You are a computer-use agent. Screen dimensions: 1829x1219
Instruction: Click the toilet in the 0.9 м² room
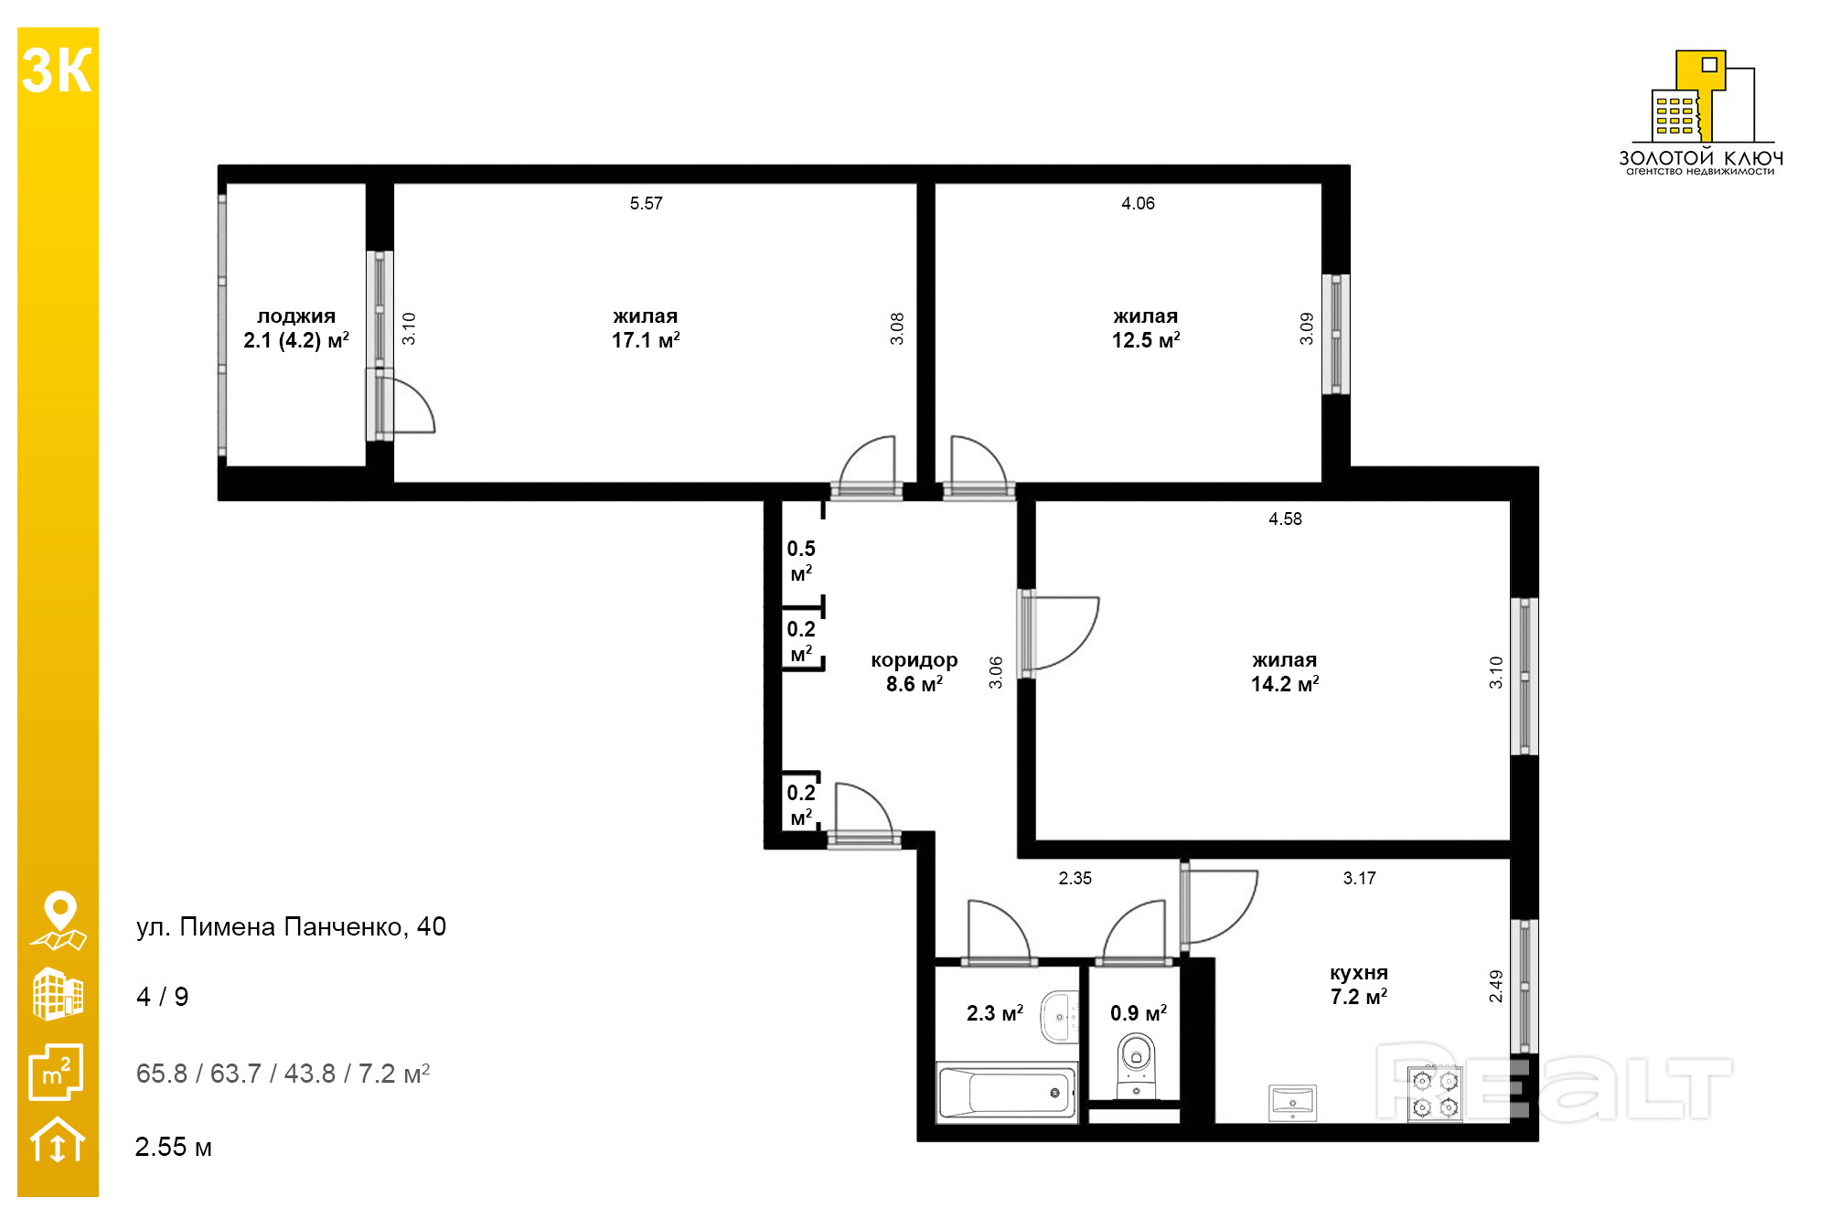(x=1136, y=1065)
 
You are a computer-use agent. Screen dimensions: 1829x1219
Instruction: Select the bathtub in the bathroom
(x=1007, y=1092)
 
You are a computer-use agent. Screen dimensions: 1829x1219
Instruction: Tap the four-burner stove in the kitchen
(x=1435, y=1094)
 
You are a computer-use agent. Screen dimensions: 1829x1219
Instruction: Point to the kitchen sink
(x=1292, y=1102)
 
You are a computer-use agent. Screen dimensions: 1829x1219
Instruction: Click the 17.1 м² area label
(x=646, y=340)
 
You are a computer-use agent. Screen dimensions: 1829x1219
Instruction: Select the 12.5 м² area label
(x=1146, y=340)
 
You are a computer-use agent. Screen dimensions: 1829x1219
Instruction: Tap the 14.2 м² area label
(x=1285, y=684)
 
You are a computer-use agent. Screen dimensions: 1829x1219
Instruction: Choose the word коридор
(x=914, y=660)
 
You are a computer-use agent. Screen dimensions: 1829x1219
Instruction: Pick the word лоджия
(x=296, y=316)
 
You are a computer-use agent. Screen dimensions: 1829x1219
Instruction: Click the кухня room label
(x=1359, y=973)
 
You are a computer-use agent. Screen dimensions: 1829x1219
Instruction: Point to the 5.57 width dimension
(x=647, y=203)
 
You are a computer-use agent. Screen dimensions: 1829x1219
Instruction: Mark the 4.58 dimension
(x=1285, y=519)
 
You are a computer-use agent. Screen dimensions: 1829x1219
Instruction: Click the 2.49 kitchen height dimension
(x=1496, y=986)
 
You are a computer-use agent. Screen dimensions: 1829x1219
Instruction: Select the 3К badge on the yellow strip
(x=57, y=70)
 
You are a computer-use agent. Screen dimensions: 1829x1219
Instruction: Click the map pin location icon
(x=59, y=921)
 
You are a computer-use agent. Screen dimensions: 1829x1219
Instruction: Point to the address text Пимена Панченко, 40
(x=313, y=926)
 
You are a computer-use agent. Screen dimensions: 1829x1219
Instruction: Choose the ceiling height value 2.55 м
(x=174, y=1147)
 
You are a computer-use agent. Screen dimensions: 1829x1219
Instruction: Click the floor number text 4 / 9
(x=163, y=996)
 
